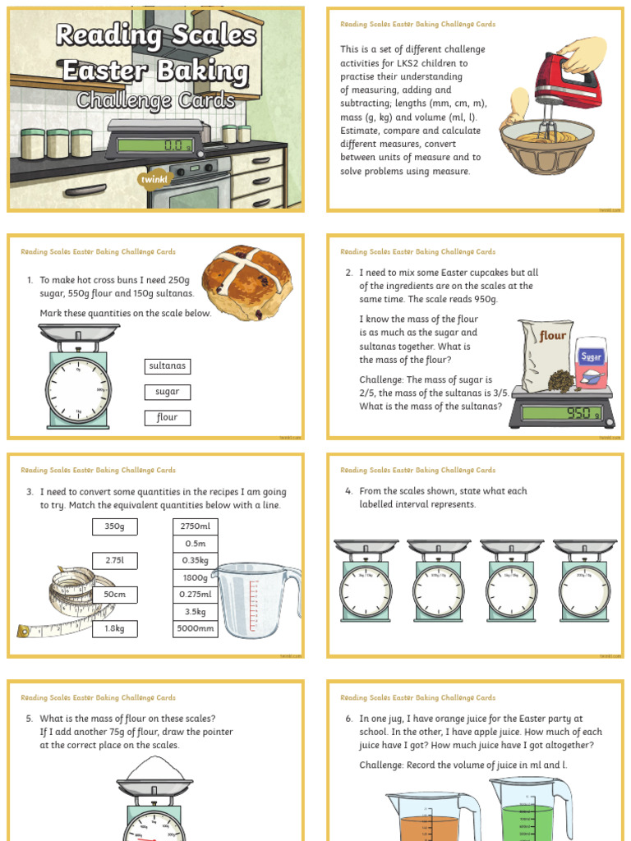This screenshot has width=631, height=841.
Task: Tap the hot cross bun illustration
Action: pyautogui.click(x=247, y=282)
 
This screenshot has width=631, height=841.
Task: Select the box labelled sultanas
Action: pyautogui.click(x=168, y=365)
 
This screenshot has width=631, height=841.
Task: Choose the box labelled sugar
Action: pyautogui.click(x=168, y=392)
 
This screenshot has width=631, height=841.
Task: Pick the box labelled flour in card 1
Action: pyautogui.click(x=168, y=417)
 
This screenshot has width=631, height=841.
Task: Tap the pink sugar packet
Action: pyautogui.click(x=591, y=362)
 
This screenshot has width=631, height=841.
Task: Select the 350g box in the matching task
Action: pyautogui.click(x=114, y=526)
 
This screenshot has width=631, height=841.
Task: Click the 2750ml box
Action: pyautogui.click(x=195, y=526)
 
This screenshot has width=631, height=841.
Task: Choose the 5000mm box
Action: pyautogui.click(x=195, y=629)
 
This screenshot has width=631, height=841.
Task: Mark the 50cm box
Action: pyautogui.click(x=114, y=595)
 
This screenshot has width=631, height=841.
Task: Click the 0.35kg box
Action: pyautogui.click(x=195, y=560)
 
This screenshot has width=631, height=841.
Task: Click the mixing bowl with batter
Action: pyautogui.click(x=547, y=144)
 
